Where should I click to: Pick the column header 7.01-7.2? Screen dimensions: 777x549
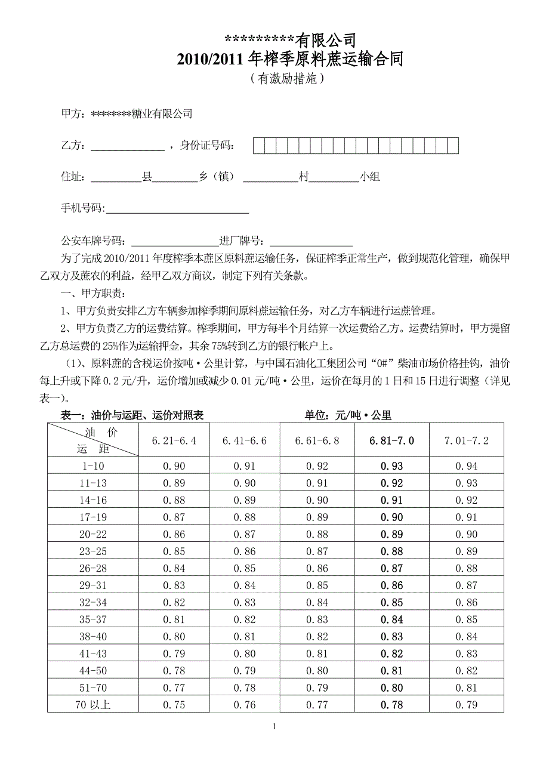(x=466, y=440)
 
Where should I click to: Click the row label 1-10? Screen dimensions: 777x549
(x=93, y=466)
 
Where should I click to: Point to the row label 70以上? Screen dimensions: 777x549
(x=93, y=705)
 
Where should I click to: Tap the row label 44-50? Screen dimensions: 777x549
(x=93, y=671)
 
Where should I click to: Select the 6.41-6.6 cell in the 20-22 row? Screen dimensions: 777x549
(x=245, y=534)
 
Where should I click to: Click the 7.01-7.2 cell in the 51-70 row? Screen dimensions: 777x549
(x=466, y=687)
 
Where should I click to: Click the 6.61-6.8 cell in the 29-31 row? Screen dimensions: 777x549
(x=317, y=585)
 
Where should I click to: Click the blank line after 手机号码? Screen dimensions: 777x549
(x=177, y=209)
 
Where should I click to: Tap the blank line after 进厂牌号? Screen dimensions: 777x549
(x=311, y=242)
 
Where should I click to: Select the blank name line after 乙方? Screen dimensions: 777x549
(x=127, y=146)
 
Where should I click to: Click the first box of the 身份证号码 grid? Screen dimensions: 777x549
(x=258, y=146)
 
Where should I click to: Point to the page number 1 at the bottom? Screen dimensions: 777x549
(x=274, y=726)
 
